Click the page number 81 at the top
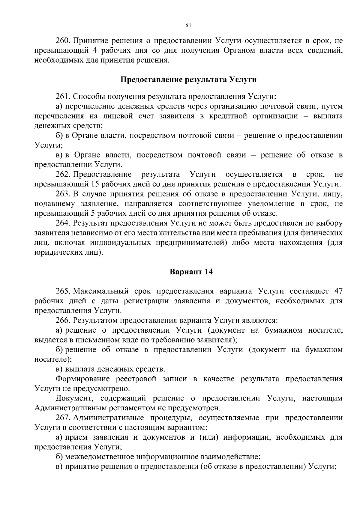tap(188, 25)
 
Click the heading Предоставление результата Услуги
tap(188, 80)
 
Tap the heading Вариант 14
tap(191, 272)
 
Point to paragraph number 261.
tap(63, 97)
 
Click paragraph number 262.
tap(63, 175)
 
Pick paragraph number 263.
tap(63, 194)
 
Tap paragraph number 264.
tap(63, 223)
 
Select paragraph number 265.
tap(63, 291)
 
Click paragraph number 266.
tap(63, 320)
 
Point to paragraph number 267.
tap(63, 418)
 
